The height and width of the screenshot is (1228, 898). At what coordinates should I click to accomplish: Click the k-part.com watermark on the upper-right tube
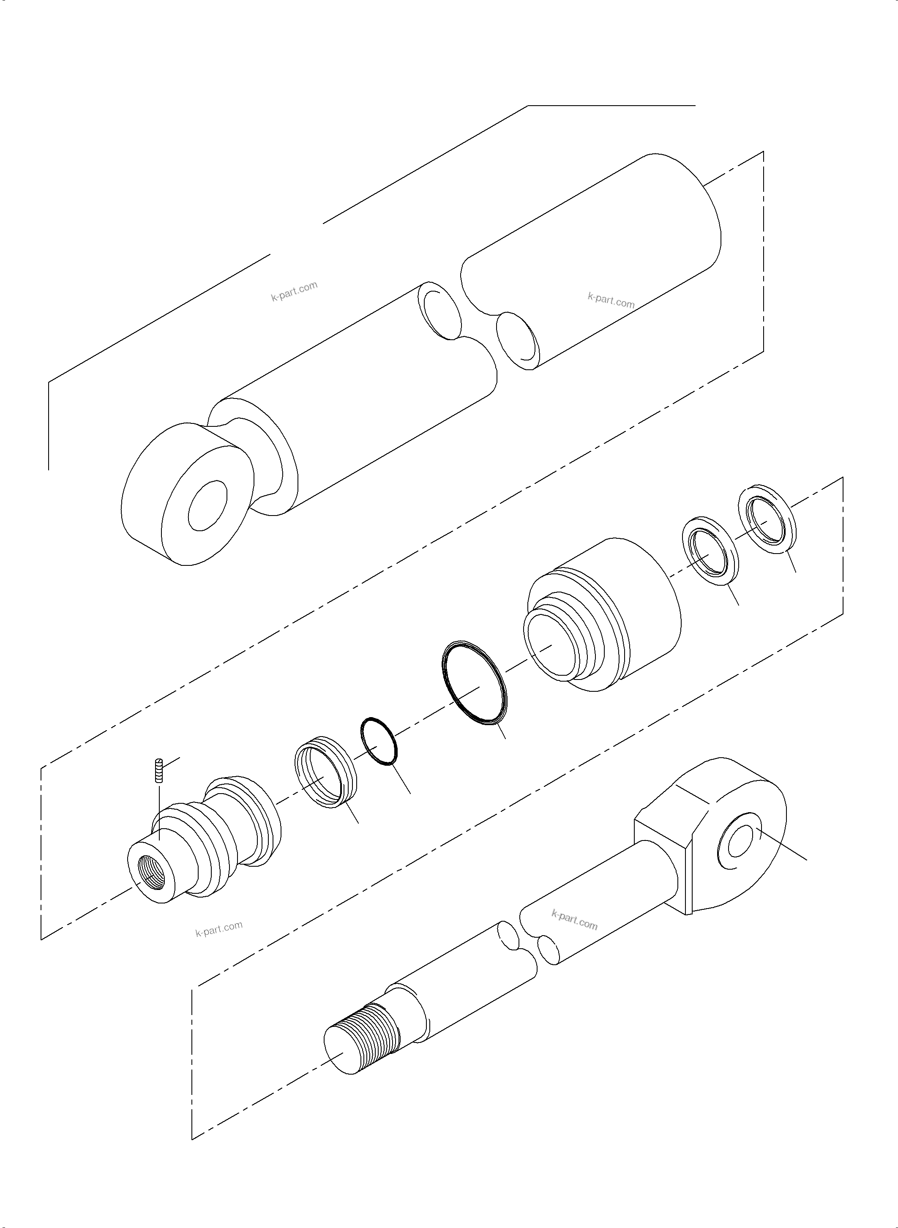click(x=611, y=300)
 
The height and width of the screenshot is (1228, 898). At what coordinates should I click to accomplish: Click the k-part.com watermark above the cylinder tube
click(x=294, y=292)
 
